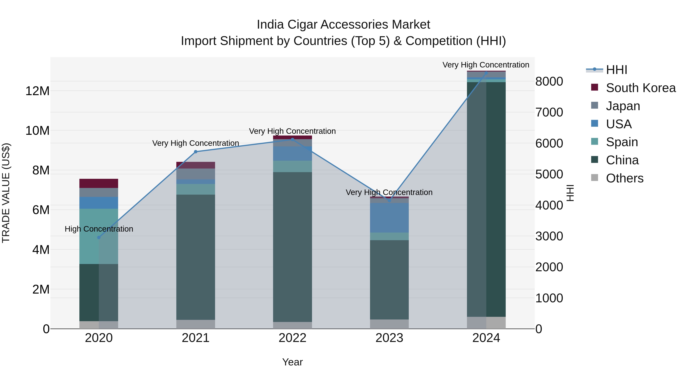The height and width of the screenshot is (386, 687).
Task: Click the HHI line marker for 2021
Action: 195,152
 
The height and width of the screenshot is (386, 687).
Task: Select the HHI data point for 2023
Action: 389,200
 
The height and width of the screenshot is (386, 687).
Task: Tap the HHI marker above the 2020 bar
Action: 99,237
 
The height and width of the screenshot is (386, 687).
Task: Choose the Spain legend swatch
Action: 594,141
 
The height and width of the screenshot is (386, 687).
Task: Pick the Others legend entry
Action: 624,178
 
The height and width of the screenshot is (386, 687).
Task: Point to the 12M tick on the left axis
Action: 37,91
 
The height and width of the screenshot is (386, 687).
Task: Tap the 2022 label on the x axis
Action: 292,338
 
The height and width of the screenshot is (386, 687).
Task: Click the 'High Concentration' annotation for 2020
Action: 99,229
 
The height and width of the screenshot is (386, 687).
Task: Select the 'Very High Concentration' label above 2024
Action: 486,65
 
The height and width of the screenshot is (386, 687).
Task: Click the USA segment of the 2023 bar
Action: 389,218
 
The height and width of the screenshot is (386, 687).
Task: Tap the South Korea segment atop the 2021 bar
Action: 195,165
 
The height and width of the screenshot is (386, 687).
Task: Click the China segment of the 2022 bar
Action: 292,247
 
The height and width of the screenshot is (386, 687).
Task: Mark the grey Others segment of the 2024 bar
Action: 486,323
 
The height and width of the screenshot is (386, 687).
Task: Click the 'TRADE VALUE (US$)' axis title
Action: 6,193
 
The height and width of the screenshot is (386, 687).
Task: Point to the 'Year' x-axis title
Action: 292,362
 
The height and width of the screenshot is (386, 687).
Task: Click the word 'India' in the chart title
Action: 270,25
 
